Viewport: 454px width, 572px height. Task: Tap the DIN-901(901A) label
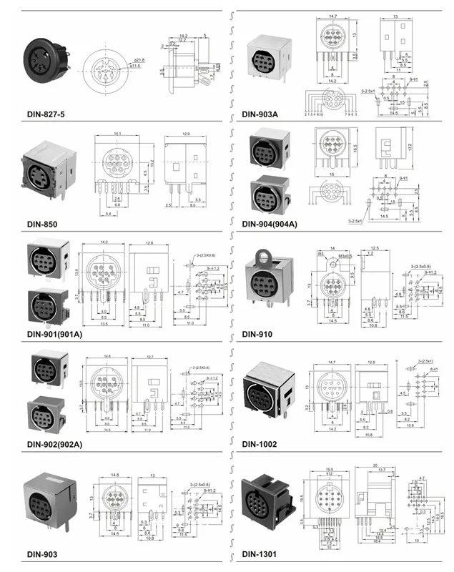click(54, 334)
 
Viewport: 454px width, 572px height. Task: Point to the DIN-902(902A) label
click(54, 444)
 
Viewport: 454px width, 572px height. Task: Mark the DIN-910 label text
click(257, 334)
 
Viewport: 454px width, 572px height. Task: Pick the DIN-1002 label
click(260, 444)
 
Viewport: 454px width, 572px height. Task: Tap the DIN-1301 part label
click(260, 554)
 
